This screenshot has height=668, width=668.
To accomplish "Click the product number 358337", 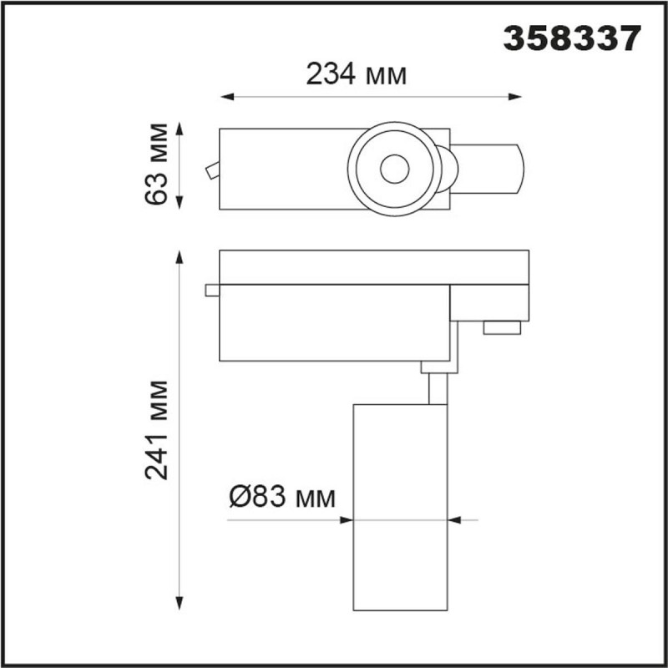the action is (572, 38).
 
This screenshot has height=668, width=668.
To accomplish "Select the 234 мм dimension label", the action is (357, 74).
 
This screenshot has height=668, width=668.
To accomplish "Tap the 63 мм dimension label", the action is (156, 164).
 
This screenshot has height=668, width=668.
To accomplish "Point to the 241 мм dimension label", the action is (156, 430).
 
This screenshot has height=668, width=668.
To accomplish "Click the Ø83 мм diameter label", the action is (282, 497).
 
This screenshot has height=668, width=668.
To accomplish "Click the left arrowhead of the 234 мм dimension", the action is (227, 97).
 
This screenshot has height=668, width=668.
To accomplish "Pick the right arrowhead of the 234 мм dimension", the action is (515, 97).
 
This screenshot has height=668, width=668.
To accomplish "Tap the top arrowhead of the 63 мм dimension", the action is (180, 129).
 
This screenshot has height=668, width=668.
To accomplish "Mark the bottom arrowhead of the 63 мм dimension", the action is (180, 203).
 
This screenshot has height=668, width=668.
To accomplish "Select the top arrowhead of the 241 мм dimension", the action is (180, 257).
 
